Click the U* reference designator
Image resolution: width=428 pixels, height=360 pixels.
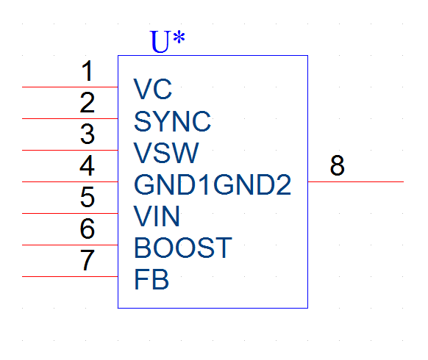coord(168,41)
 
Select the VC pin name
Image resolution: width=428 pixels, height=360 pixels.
coord(153,89)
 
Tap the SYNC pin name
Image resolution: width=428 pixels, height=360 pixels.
coord(173,121)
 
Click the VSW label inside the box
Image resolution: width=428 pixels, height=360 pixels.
coord(166,153)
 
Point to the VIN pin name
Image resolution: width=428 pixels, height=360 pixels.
coord(157,216)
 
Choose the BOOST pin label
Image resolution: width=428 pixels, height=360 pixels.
coord(183,248)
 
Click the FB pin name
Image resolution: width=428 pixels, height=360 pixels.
coord(151,279)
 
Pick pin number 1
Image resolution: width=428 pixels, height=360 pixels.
coord(88,71)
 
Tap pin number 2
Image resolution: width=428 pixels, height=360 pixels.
coord(88,103)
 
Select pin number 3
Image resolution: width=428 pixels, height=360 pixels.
coord(88,134)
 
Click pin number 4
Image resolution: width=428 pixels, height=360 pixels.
coord(88,165)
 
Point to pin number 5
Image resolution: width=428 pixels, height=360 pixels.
coord(88,197)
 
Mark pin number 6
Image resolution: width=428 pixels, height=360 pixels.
coord(88,228)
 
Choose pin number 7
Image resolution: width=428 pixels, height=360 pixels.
coord(88,260)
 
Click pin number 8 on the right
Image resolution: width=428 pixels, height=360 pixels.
coord(338,165)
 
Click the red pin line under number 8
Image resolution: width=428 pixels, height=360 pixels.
coord(356,181)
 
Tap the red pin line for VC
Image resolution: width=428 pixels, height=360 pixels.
coord(70,87)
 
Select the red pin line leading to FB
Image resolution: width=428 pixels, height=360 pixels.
coord(70,276)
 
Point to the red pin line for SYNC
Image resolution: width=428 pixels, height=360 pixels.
coord(70,118)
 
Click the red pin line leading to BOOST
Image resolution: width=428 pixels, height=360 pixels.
coord(70,245)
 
